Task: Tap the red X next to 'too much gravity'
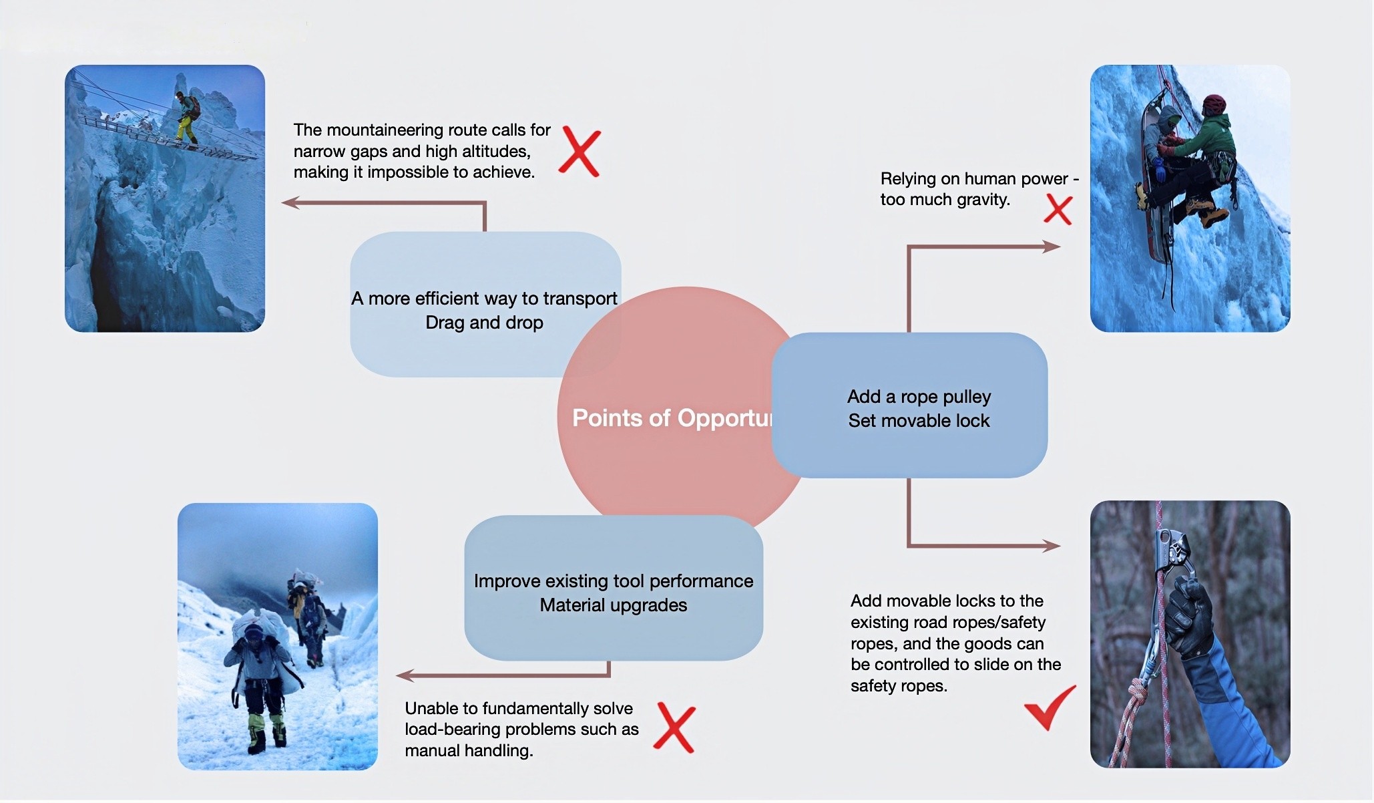[x=1058, y=210]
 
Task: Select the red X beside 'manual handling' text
[x=674, y=728]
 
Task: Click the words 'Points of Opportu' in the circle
[x=671, y=418]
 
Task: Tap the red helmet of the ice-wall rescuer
[x=1214, y=104]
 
